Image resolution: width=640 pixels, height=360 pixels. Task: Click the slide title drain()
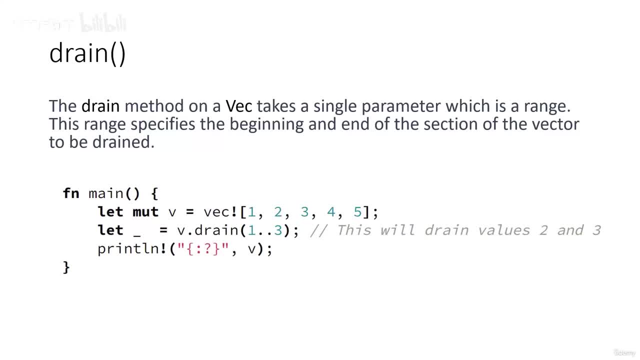pos(87,53)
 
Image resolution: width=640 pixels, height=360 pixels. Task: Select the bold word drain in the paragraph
pos(100,106)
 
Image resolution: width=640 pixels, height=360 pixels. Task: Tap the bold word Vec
pos(239,106)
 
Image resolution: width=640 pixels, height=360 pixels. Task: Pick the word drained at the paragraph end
pos(123,142)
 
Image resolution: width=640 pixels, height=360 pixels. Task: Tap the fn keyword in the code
pos(71,193)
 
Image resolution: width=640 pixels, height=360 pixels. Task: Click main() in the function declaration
pos(114,193)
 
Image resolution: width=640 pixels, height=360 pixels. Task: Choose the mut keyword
pos(145,212)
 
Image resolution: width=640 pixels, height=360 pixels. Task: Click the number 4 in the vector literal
pos(331,212)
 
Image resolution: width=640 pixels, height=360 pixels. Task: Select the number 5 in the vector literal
pos(357,212)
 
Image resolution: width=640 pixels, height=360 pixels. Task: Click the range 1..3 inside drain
pos(264,230)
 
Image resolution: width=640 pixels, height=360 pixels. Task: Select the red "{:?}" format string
pos(203,249)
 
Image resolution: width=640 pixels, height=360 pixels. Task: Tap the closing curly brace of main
pos(66,267)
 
